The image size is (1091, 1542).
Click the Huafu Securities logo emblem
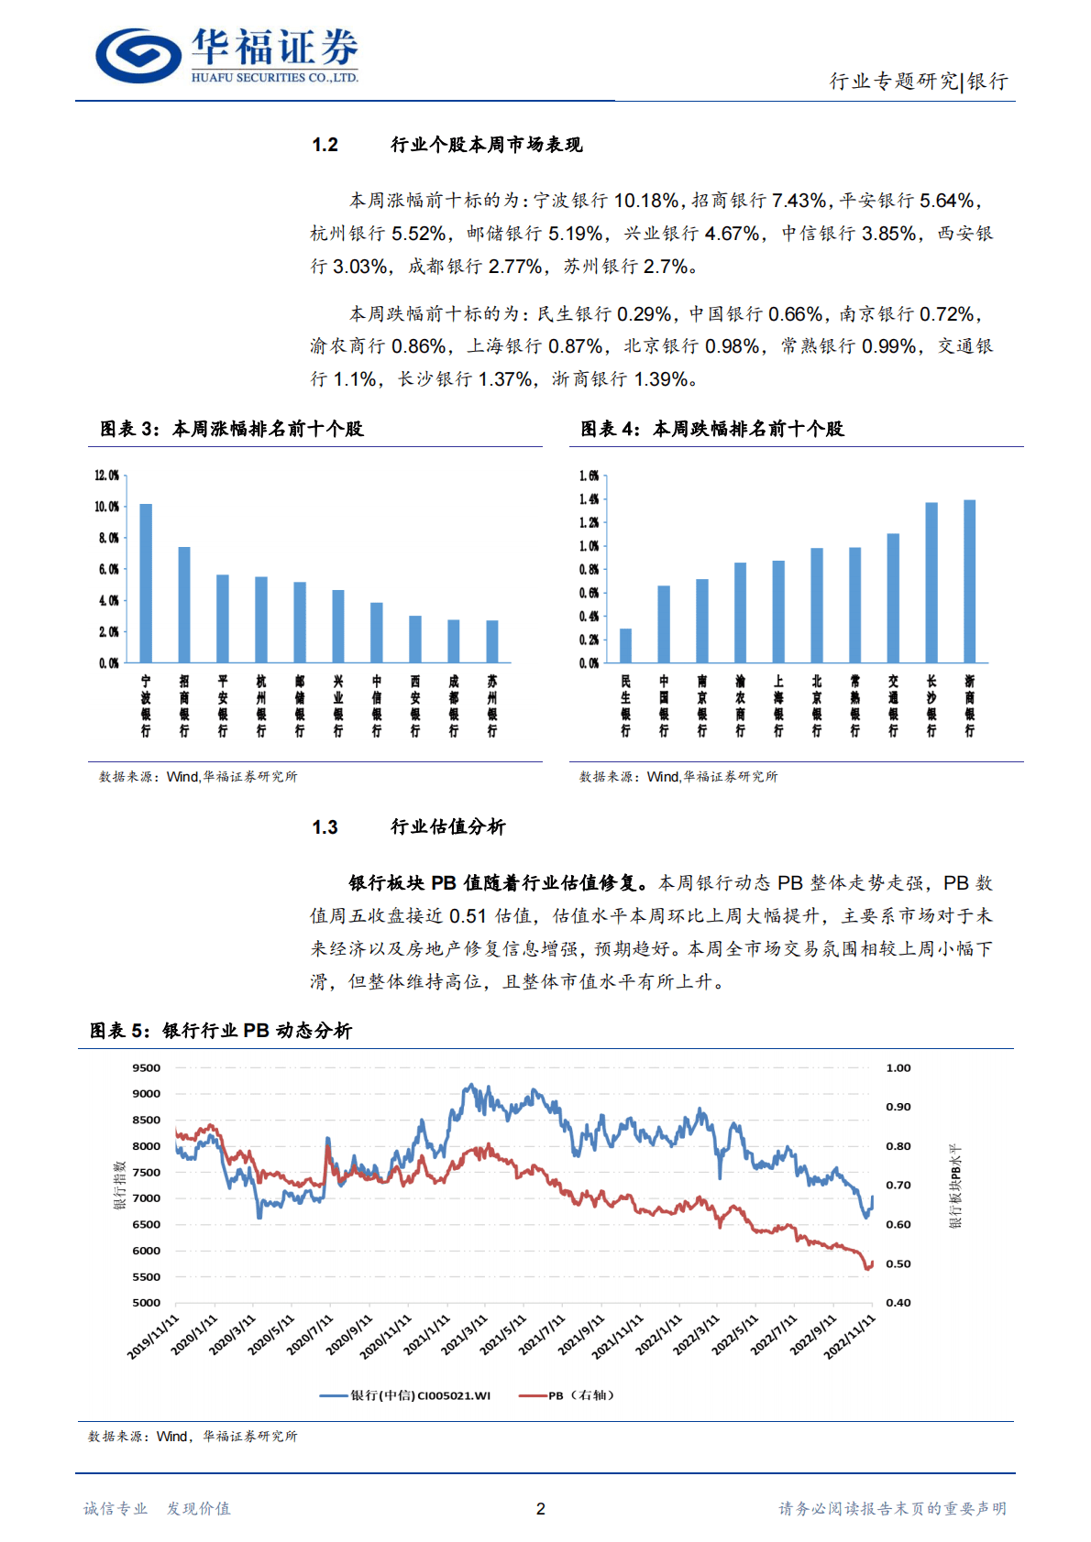(x=138, y=55)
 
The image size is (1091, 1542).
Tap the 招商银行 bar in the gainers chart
(x=184, y=605)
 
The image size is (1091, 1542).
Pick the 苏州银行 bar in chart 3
(x=492, y=641)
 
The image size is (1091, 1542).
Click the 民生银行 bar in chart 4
(x=625, y=645)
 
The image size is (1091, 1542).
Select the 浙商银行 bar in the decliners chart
(x=970, y=581)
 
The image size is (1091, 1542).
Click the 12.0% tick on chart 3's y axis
(x=107, y=476)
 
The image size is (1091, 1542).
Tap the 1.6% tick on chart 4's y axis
(x=589, y=476)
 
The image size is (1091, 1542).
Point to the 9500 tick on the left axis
(x=147, y=1068)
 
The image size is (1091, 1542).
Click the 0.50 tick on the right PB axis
(x=898, y=1264)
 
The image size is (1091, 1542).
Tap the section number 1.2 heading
(x=325, y=145)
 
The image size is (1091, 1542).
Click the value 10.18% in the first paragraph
(x=646, y=201)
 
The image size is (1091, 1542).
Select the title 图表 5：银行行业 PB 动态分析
(x=221, y=1031)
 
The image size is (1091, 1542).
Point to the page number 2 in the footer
(x=541, y=1509)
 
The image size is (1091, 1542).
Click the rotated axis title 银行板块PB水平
(x=955, y=1186)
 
